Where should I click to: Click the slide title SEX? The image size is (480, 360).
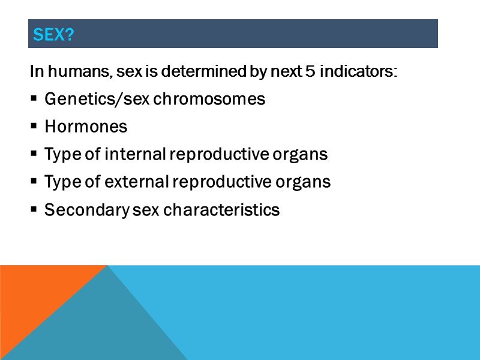point(53,35)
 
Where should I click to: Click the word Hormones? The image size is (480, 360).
point(86,127)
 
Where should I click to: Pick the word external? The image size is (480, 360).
point(137,182)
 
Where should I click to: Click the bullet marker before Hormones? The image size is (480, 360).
point(34,127)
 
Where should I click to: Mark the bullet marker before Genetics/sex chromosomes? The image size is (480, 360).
point(34,99)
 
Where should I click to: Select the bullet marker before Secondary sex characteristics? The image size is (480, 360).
point(34,211)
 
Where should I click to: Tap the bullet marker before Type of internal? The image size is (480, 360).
point(34,155)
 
